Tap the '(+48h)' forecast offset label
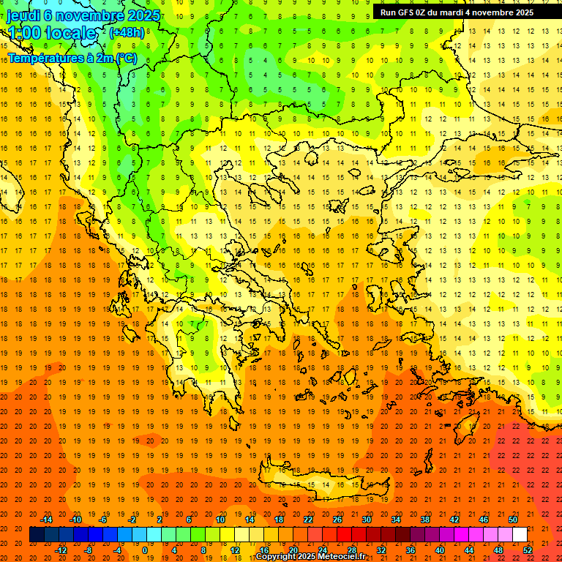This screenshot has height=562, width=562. point(126,32)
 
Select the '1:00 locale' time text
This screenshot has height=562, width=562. point(51,33)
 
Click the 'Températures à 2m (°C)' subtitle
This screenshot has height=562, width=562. point(72,58)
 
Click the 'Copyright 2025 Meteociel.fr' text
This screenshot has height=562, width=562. point(310,557)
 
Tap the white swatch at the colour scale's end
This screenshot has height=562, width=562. point(520,535)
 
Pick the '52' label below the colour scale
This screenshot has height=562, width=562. point(528,550)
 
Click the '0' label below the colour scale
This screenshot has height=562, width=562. point(145,550)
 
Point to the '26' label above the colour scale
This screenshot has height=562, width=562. point(337,520)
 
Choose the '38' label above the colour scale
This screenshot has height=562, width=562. point(425,520)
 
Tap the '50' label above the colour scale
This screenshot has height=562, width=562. point(513,520)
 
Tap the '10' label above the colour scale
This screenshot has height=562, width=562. point(220,520)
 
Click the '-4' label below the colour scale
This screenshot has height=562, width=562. point(117,550)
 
